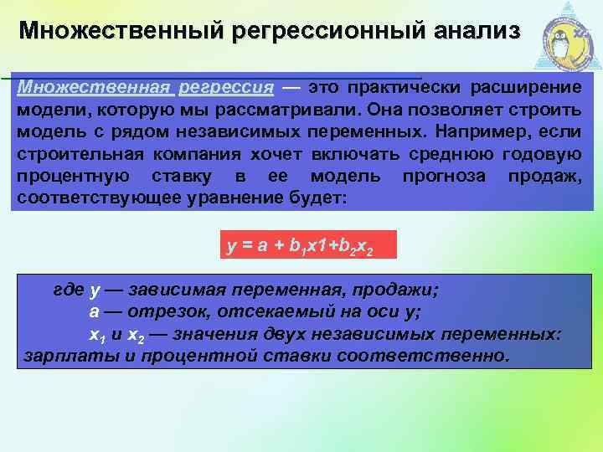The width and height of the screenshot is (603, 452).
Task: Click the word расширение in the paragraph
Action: tap(533, 87)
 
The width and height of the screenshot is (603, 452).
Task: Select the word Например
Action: tap(486, 131)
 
